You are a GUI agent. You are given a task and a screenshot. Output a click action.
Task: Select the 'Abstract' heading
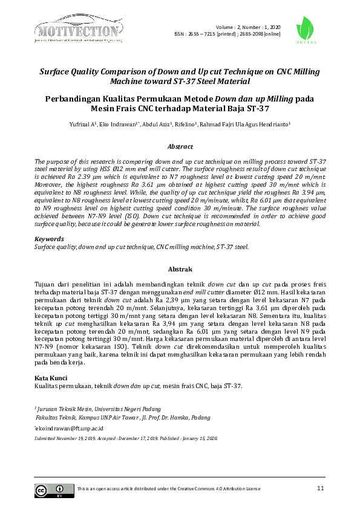click(x=180, y=146)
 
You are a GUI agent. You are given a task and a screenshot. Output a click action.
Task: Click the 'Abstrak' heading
click(x=180, y=269)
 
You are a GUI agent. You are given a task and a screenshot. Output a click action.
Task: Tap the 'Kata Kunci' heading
click(x=51, y=378)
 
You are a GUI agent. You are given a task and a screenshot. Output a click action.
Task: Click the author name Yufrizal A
click(x=85, y=124)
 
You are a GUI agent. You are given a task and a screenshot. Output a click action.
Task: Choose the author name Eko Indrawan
click(x=126, y=124)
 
